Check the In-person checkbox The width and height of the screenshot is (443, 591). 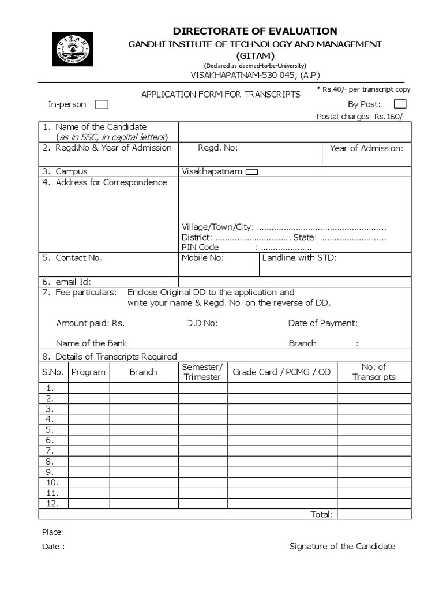pos(102,104)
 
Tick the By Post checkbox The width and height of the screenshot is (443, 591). pos(400,104)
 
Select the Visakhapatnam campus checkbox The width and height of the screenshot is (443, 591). pos(251,171)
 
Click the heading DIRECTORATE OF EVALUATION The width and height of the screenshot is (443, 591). pos(255,31)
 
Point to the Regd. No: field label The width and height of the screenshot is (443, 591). pos(218,148)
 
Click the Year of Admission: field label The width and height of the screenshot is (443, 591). pos(366,148)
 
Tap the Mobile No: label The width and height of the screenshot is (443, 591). pos(202,258)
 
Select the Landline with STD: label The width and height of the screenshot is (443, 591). pos(299,258)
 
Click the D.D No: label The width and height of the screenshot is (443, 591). pos(202,323)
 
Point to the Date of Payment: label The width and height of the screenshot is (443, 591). pos(322,323)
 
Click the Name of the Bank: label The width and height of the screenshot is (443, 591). pos(93,343)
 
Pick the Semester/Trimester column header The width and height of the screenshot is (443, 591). pos(202,372)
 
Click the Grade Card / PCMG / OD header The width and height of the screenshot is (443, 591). pos(281,372)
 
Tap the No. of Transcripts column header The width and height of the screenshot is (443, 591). pos(374,372)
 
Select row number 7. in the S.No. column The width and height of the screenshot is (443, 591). pos(50,451)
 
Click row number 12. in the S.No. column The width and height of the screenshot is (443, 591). pos(52,504)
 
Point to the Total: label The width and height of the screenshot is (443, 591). pos(321,514)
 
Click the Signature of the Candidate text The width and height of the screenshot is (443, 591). pos(342,547)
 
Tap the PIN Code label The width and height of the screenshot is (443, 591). pos(200,247)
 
